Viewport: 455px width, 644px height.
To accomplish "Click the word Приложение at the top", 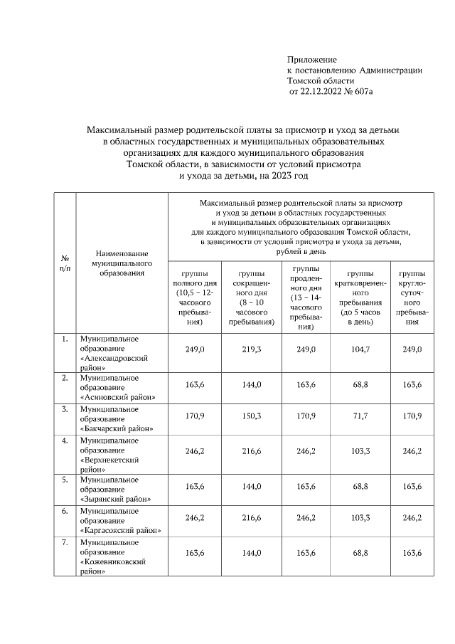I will point(311,59).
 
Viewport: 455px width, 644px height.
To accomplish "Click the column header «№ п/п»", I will point(65,263).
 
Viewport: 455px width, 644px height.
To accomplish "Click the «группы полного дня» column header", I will point(194,297).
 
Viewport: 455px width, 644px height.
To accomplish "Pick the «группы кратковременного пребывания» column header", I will point(361,297).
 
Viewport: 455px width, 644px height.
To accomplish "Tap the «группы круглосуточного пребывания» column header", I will point(412,297).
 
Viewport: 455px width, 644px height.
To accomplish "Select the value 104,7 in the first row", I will point(361,351).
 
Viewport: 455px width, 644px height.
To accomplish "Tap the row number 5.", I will point(65,479).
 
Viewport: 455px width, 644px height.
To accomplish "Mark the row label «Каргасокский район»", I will point(121,530).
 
